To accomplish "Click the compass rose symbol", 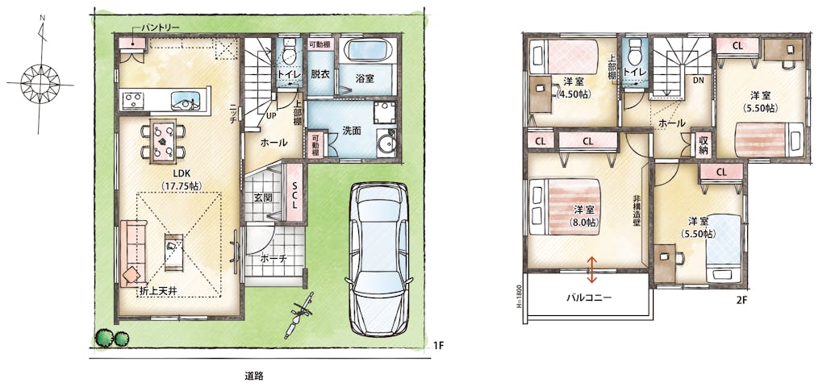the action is [x=40, y=83].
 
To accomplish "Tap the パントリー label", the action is [x=159, y=27].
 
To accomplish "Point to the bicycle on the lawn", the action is [x=298, y=315].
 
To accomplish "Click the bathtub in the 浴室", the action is [x=370, y=52].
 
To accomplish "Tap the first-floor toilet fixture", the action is [x=288, y=52].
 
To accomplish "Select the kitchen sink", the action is [x=186, y=99].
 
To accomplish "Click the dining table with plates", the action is [x=162, y=140].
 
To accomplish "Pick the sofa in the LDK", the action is [x=131, y=254].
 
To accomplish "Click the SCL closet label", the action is [x=295, y=194].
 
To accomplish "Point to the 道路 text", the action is [x=253, y=375].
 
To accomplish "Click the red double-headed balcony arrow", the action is [x=591, y=270].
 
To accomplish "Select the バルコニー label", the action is [x=589, y=297].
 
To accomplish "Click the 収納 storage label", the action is [x=704, y=143].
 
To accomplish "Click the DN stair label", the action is [x=698, y=81].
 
